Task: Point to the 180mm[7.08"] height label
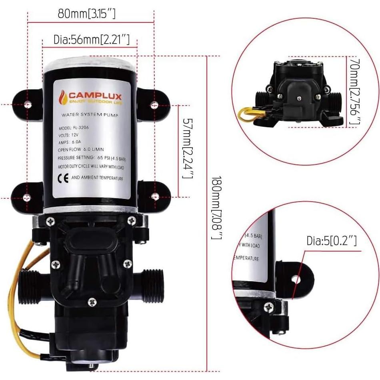coord(216,208)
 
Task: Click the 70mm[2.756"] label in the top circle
coord(354,92)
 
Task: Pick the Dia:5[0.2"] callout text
coord(332,241)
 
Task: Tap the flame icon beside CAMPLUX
coord(63,97)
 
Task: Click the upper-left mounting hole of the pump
coord(27,104)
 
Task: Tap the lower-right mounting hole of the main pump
coord(154,196)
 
